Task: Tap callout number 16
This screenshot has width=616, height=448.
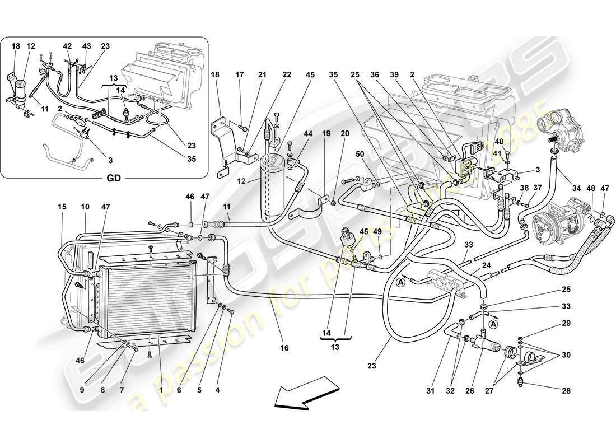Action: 284,348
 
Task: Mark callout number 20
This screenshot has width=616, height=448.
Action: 345,133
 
